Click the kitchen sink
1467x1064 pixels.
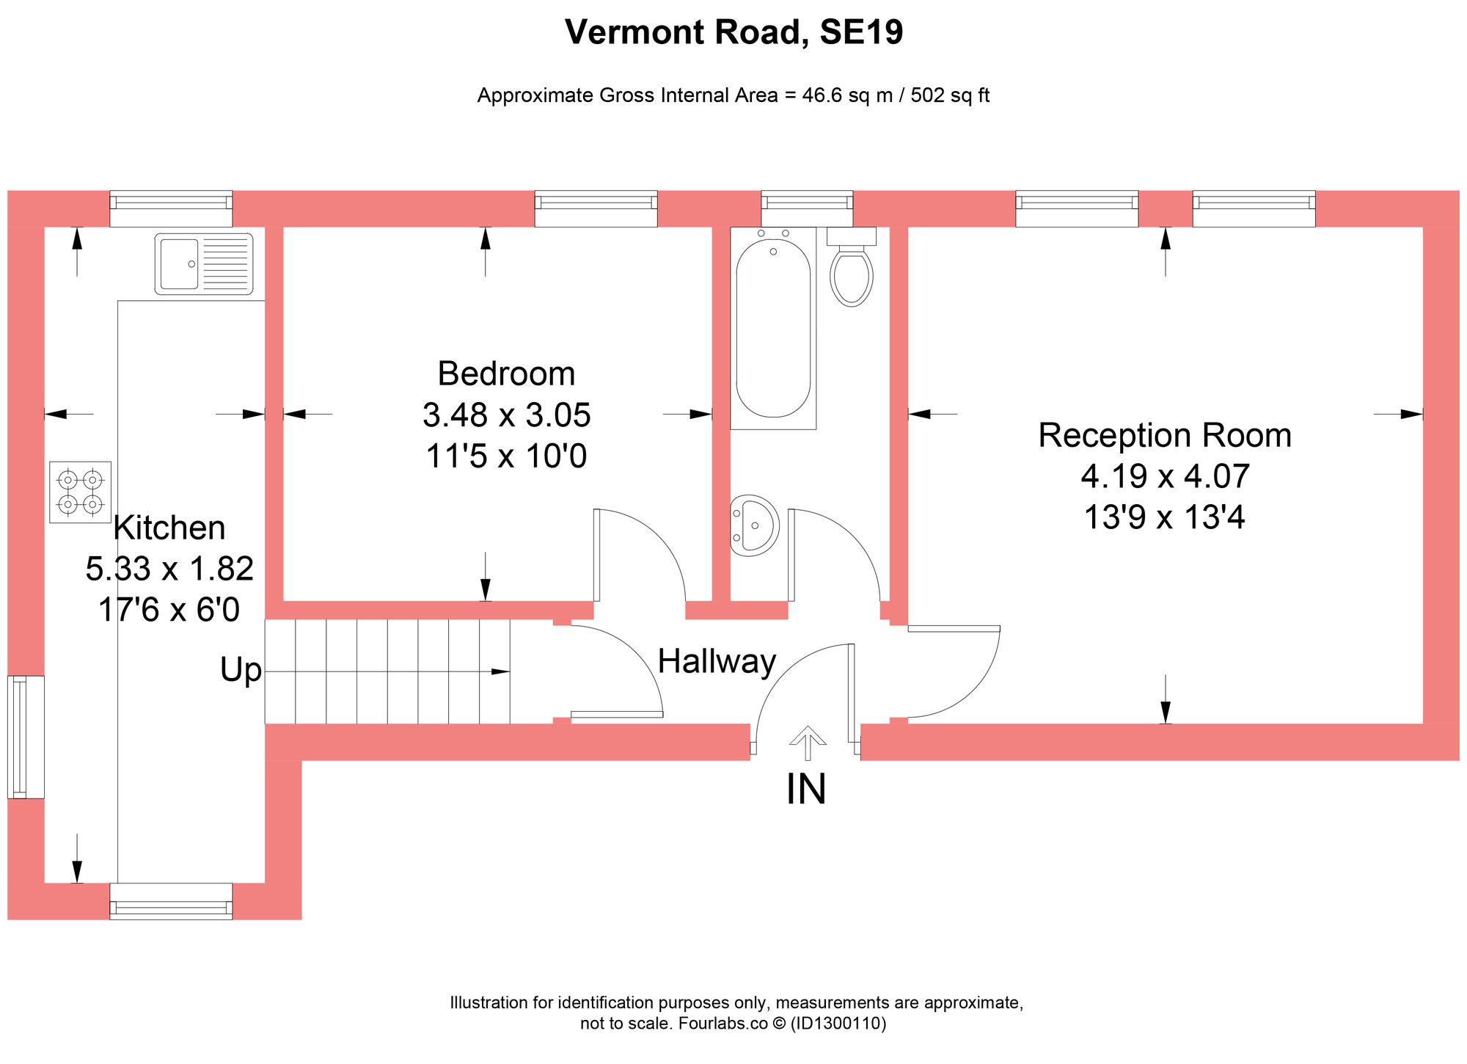point(204,264)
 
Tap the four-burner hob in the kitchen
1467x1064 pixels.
point(81,492)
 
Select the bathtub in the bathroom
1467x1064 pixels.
point(773,328)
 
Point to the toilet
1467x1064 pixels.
point(852,266)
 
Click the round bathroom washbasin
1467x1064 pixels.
point(755,525)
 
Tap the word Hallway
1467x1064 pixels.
point(717,661)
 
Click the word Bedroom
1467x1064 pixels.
point(506,374)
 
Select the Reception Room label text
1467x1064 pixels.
point(1165,435)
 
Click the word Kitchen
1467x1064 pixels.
point(169,528)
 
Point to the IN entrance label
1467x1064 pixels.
point(806,790)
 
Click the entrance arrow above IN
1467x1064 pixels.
point(808,743)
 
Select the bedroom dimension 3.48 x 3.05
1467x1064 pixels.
point(506,415)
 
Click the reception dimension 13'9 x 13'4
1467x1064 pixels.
point(1165,517)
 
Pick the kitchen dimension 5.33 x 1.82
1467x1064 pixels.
point(169,569)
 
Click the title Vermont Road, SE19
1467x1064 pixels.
point(733,32)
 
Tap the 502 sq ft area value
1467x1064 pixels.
point(950,95)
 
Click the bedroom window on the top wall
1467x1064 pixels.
point(596,208)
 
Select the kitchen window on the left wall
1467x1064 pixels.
point(26,737)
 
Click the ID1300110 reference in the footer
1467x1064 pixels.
point(838,1024)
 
